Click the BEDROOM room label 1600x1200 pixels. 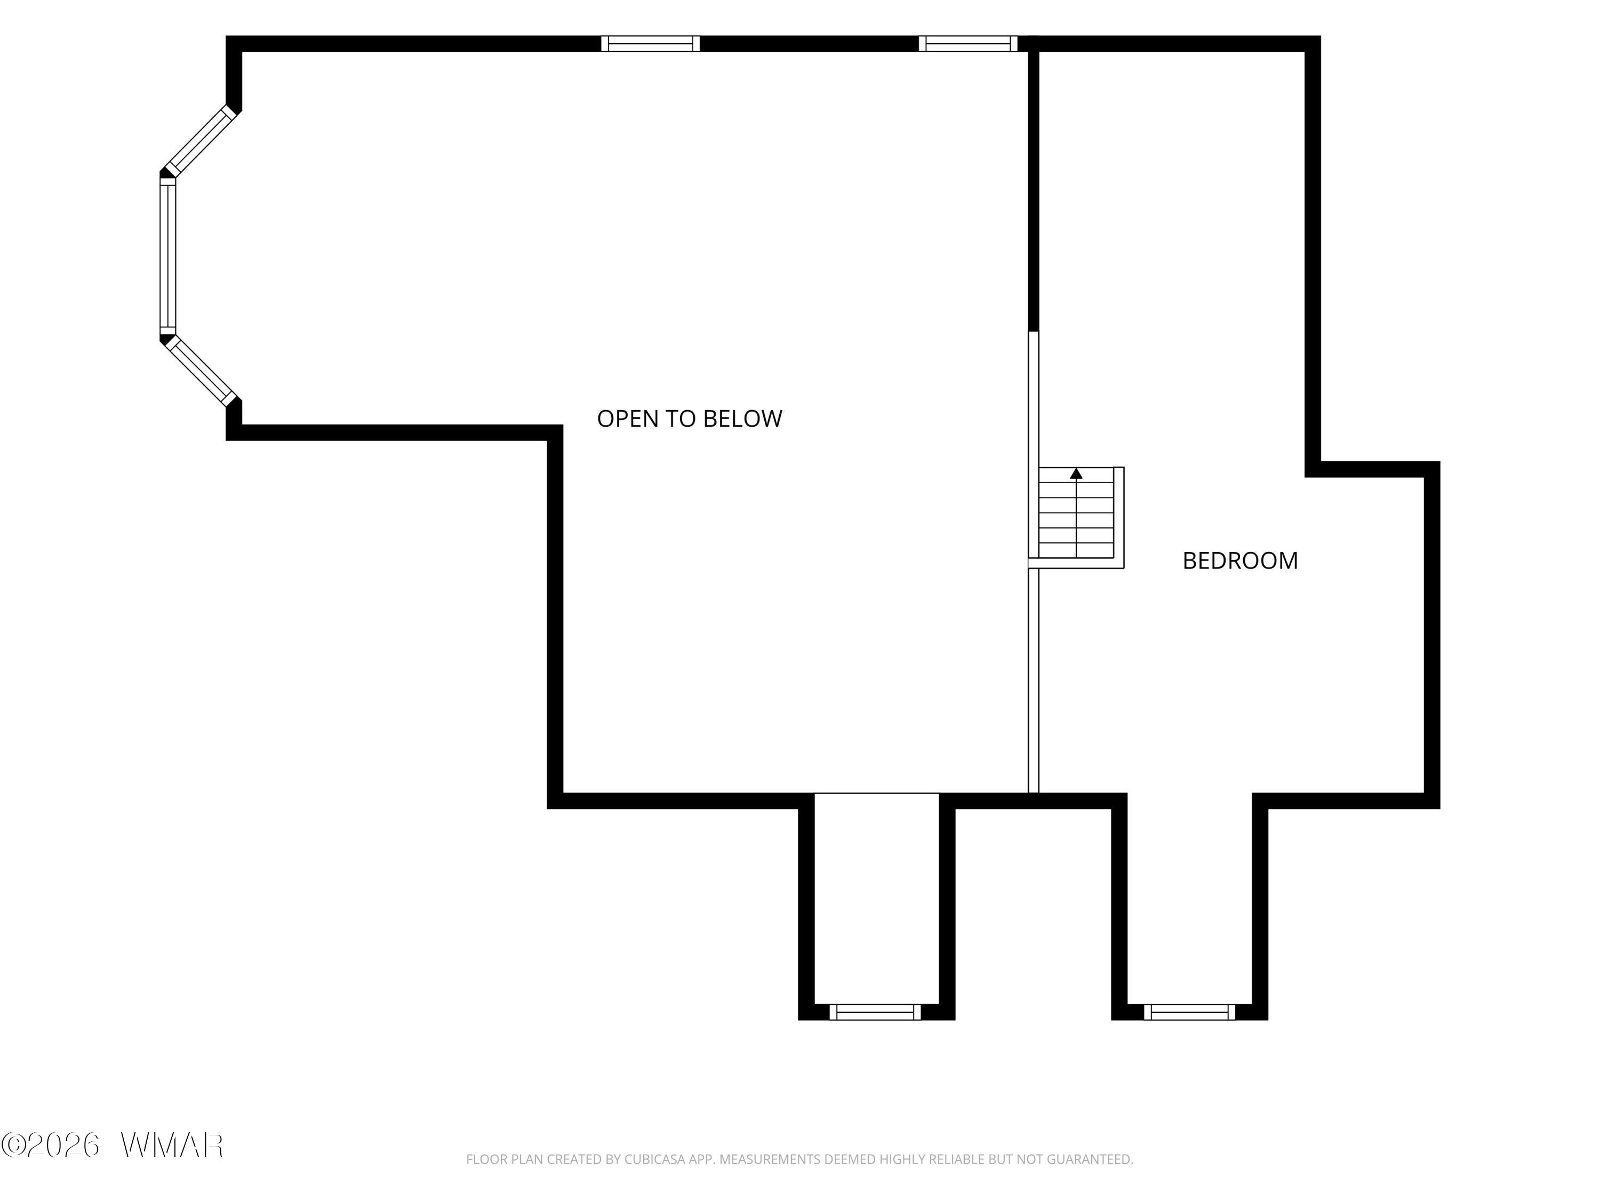click(1240, 561)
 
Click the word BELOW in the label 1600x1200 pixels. click(743, 418)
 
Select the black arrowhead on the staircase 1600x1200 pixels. click(1076, 474)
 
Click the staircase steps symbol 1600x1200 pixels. click(1076, 513)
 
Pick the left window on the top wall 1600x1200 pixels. click(650, 43)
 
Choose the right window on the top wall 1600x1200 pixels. click(968, 43)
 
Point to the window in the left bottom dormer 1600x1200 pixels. click(875, 1012)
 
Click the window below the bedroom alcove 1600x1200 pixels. click(1190, 1012)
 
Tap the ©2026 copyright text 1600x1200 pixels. click(50, 1145)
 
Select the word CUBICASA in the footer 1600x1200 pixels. click(654, 1159)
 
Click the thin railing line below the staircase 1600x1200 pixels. click(1034, 681)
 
